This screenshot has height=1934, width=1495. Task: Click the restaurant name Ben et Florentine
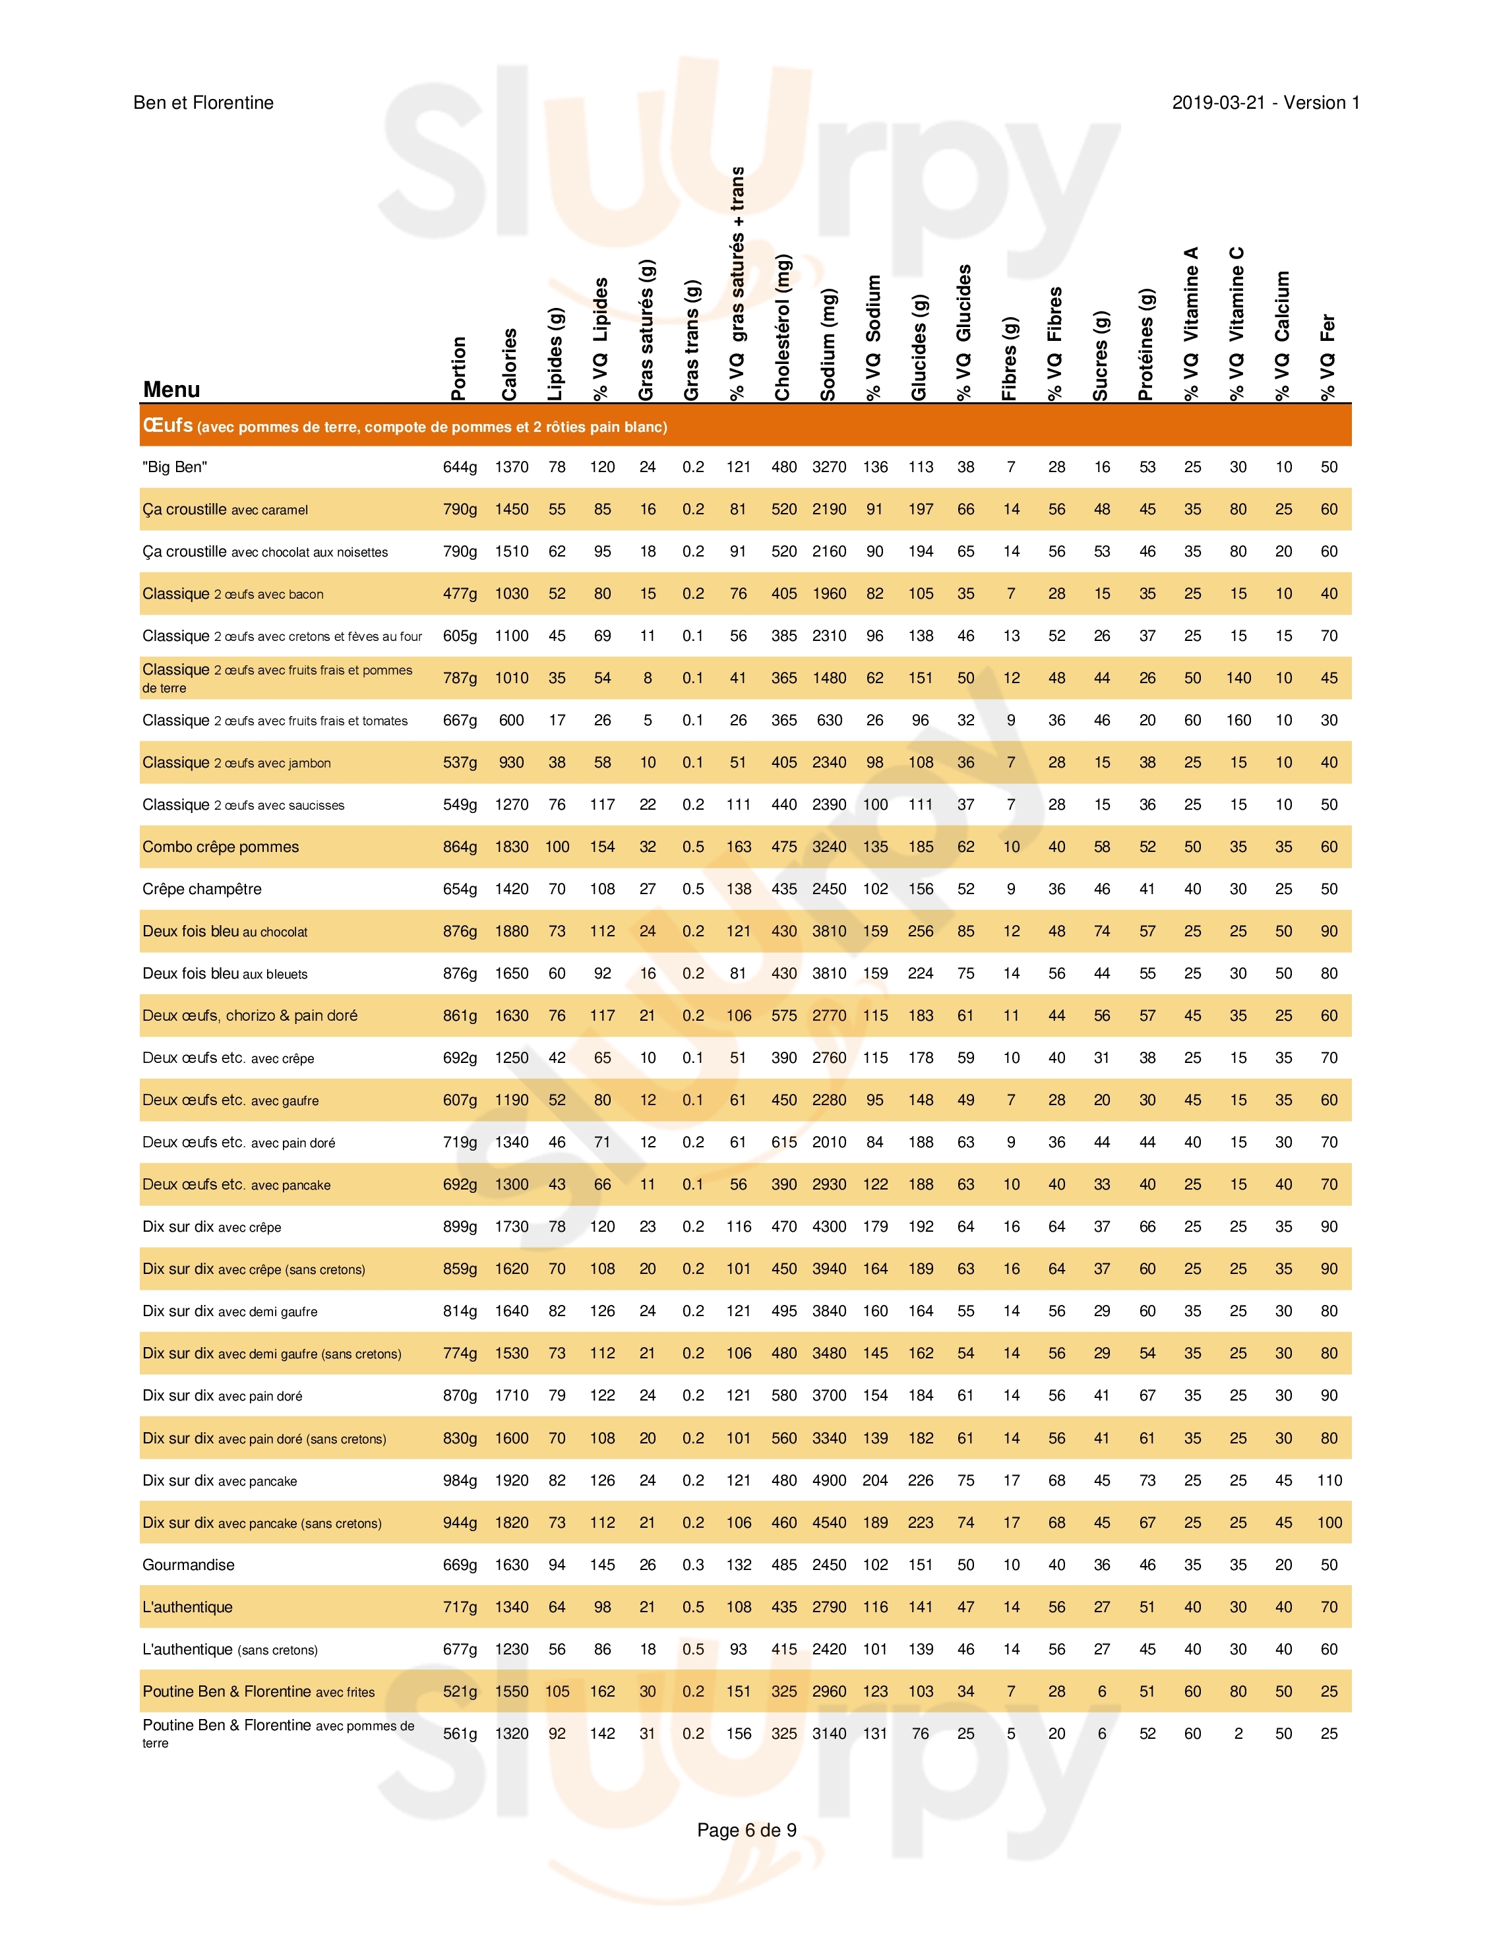tap(203, 103)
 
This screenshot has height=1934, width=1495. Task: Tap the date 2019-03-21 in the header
tap(1218, 103)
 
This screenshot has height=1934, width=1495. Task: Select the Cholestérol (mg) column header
tap(782, 328)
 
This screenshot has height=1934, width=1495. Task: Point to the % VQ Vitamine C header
tap(1236, 323)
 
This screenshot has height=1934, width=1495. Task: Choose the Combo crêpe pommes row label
tap(220, 847)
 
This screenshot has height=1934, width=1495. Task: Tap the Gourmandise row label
tap(189, 1565)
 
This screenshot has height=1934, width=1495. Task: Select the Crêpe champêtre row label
tap(202, 889)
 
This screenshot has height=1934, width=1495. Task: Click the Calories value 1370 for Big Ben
tap(511, 468)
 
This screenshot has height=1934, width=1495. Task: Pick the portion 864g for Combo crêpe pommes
tap(460, 847)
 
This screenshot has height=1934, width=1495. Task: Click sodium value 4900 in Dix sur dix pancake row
tap(829, 1480)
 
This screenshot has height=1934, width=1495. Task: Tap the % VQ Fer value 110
tap(1329, 1480)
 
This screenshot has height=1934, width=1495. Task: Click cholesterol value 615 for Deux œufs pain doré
tap(784, 1142)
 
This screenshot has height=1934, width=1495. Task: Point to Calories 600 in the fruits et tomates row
tap(511, 721)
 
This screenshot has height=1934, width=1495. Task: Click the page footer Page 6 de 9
tap(747, 1830)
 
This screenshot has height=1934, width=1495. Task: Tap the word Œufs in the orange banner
tap(168, 426)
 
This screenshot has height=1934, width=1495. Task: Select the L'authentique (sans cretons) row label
tap(230, 1650)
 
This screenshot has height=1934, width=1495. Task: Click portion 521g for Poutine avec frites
tap(460, 1691)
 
